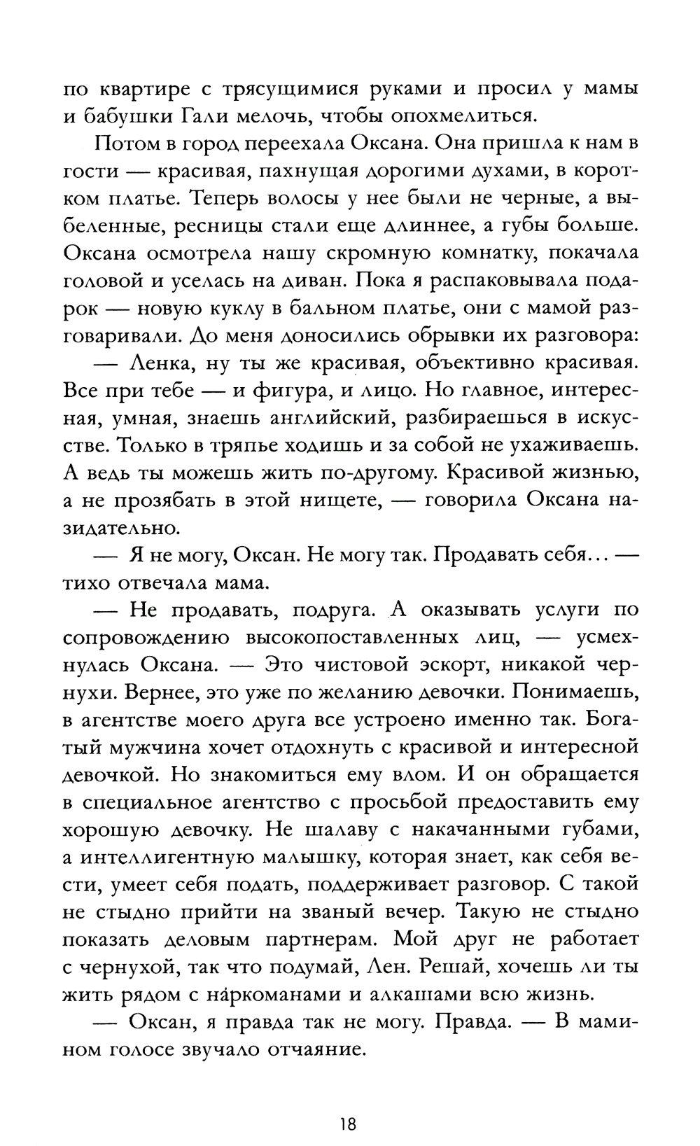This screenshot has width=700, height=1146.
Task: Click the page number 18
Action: click(348, 1105)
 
